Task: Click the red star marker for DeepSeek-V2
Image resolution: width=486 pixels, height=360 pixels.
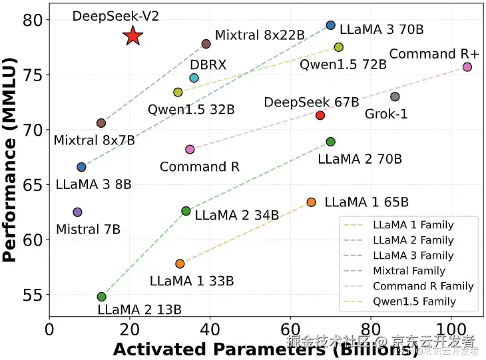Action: pos(133,37)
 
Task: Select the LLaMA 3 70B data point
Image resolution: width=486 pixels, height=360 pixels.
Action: pos(331,25)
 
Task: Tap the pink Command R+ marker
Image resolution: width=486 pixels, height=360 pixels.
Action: pos(467,67)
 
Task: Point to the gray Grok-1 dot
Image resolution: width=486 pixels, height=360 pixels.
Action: pos(395,96)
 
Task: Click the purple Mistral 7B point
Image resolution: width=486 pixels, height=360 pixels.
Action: pos(77,212)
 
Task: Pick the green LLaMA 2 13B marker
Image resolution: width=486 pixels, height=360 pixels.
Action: pos(101,297)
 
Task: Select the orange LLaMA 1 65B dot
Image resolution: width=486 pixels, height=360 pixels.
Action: pos(311,202)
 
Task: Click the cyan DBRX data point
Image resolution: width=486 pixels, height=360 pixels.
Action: pos(194,78)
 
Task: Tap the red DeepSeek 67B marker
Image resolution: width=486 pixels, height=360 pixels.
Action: pos(320,115)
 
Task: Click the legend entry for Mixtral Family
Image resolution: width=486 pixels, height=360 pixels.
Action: pos(409,271)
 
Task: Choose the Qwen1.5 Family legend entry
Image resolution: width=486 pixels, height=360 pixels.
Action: pos(414,301)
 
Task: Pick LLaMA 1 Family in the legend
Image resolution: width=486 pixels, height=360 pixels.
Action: pos(413,224)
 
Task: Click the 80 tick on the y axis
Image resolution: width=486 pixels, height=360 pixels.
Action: pos(33,20)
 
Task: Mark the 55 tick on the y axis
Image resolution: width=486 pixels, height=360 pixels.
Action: pos(33,294)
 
